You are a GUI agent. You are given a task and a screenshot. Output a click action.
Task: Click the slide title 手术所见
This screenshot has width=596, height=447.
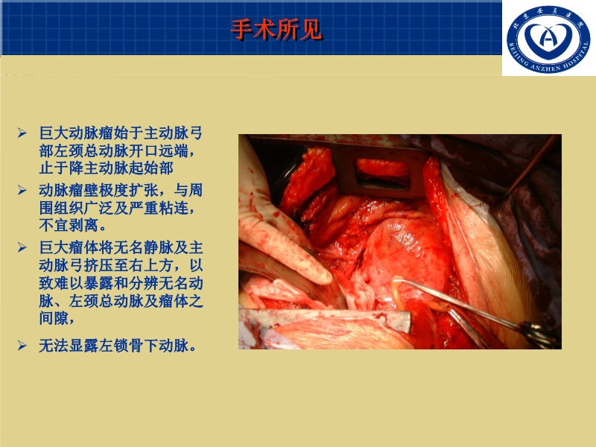coord(276,29)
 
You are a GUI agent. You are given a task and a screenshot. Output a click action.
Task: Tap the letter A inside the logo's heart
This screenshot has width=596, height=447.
coord(548,37)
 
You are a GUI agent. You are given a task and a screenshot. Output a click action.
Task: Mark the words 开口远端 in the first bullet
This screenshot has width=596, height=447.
coord(156,150)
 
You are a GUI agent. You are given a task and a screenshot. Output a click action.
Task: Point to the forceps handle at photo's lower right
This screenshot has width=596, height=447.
coord(538,333)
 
